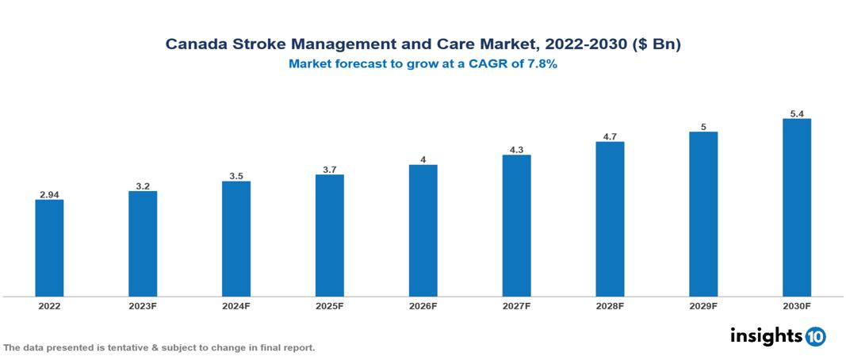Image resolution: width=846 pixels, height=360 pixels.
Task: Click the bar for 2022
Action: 49,248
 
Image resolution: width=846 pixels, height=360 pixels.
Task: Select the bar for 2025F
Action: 330,236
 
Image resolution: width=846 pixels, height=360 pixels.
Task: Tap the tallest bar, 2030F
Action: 797,208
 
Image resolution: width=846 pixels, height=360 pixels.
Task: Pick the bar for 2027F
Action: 516,226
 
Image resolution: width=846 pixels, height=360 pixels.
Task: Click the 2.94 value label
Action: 49,193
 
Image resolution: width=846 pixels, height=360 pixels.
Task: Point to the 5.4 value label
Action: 797,113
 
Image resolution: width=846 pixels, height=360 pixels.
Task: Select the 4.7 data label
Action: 610,136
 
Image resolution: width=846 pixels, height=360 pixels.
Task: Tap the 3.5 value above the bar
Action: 236,175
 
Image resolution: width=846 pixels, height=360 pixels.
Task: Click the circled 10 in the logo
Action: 815,337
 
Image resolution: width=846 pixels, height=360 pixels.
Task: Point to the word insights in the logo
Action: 765,335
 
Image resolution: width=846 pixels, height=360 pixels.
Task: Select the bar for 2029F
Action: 703,214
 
